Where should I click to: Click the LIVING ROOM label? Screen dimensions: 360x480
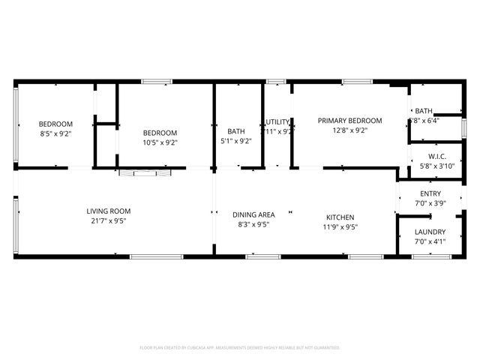pyautogui.click(x=109, y=211)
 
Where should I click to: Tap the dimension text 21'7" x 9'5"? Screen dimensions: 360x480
pyautogui.click(x=109, y=221)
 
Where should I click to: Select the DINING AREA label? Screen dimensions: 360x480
pyautogui.click(x=253, y=214)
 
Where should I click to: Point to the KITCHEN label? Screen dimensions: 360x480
pyautogui.click(x=340, y=217)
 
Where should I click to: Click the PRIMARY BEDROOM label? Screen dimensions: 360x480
pyautogui.click(x=349, y=121)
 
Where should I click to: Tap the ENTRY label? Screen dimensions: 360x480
pyautogui.click(x=430, y=193)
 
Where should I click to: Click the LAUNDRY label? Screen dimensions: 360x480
pyautogui.click(x=430, y=232)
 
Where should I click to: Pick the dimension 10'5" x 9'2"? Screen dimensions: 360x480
pyautogui.click(x=160, y=142)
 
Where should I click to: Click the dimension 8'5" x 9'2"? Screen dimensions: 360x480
pyautogui.click(x=55, y=134)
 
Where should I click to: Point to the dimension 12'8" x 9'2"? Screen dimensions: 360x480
pyautogui.click(x=349, y=130)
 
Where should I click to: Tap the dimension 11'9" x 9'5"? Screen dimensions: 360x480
pyautogui.click(x=340, y=227)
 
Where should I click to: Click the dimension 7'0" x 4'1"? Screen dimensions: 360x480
pyautogui.click(x=430, y=241)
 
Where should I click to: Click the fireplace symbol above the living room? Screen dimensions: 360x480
pyautogui.click(x=145, y=173)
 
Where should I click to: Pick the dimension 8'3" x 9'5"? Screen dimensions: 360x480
pyautogui.click(x=253, y=224)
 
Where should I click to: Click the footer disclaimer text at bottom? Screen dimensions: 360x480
pyautogui.click(x=240, y=348)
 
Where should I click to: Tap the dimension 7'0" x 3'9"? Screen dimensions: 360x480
pyautogui.click(x=430, y=203)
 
